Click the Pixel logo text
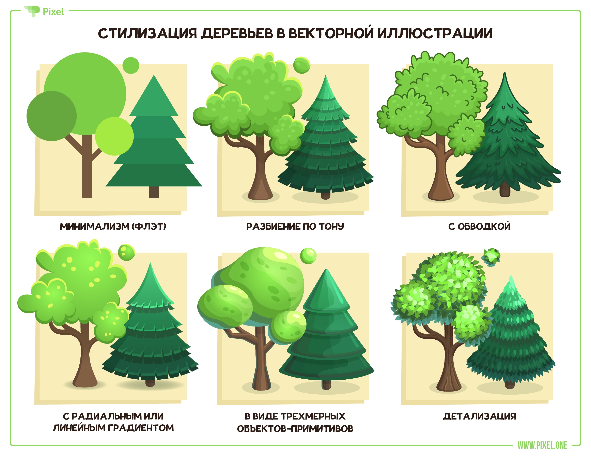click(x=53, y=12)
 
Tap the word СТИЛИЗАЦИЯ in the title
click(x=147, y=33)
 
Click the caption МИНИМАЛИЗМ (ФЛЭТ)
click(x=113, y=226)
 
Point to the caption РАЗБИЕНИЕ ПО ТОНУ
click(x=295, y=226)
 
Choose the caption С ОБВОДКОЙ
click(x=479, y=226)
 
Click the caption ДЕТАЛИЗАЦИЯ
click(x=479, y=416)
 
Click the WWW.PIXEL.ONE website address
click(x=543, y=445)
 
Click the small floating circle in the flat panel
click(x=131, y=65)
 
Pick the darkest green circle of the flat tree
click(x=51, y=116)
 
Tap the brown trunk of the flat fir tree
click(x=154, y=192)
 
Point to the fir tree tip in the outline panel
click(x=504, y=73)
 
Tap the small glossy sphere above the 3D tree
click(x=308, y=256)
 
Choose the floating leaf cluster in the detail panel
click(x=490, y=257)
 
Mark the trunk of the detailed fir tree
click(x=510, y=384)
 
